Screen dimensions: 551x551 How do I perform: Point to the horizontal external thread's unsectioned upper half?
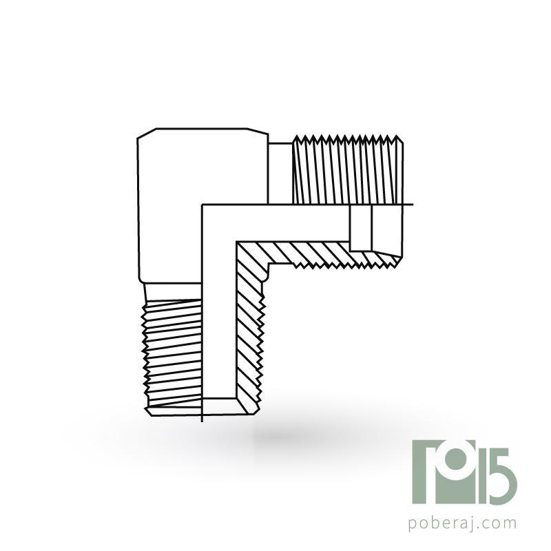click(348, 169)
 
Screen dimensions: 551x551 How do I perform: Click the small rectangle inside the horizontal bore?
click(360, 228)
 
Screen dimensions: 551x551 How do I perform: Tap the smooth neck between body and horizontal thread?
click(280, 174)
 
